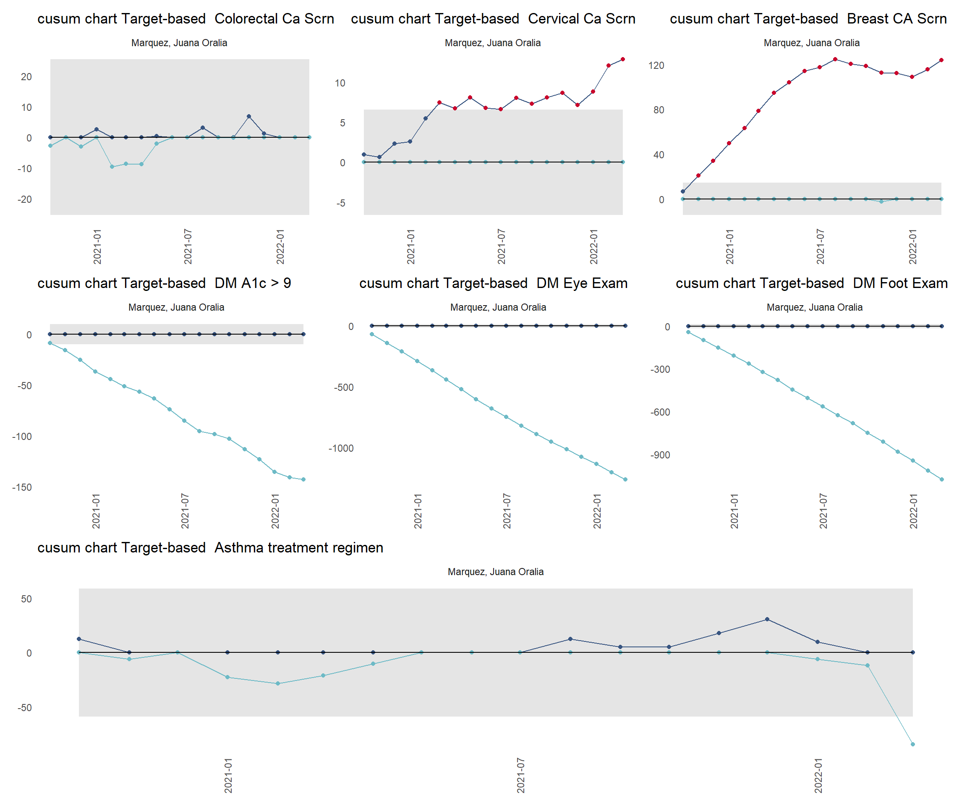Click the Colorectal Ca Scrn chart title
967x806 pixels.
pos(186,19)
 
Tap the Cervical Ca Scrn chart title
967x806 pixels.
pos(493,19)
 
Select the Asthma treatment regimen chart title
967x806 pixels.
pos(210,548)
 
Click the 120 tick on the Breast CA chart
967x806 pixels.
pos(656,65)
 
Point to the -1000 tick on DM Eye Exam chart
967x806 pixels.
pos(341,448)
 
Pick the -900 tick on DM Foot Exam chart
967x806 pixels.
pos(660,455)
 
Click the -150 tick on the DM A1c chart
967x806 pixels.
pos(22,487)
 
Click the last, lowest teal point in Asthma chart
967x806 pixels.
pos(913,744)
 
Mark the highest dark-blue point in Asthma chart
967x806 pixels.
pos(767,620)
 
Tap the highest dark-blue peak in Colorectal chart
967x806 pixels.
pos(248,117)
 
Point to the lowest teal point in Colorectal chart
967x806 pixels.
pos(112,167)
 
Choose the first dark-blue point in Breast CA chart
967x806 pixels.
pos(683,191)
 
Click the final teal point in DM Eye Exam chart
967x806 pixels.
pos(625,479)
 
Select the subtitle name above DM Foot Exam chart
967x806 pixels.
pos(814,307)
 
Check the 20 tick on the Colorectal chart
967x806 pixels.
pos(26,77)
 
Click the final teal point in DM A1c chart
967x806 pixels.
pos(303,479)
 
